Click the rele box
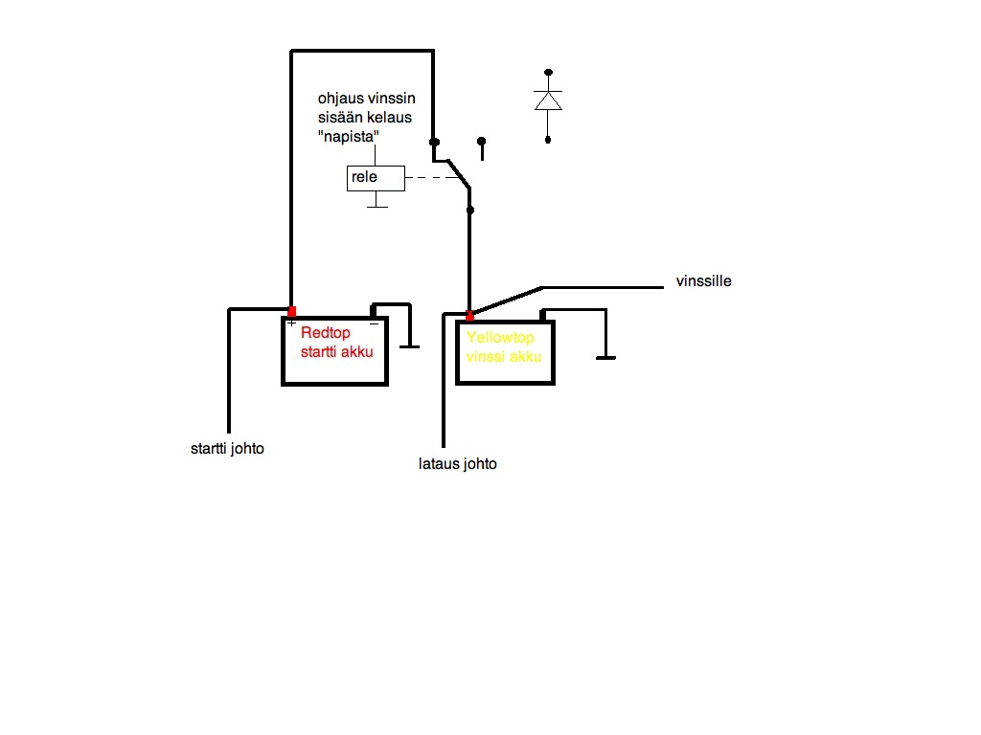coord(376,177)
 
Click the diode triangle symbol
coord(548,100)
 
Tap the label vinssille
coord(703,281)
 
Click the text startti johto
coord(227,448)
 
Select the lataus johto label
coord(458,464)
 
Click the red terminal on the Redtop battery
coord(292,311)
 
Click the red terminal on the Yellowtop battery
coord(469,316)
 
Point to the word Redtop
coord(326,333)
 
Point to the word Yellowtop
coord(500,338)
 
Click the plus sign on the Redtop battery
coord(291,323)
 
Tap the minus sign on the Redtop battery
coord(374,323)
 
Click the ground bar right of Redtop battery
coord(410,346)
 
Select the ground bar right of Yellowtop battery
coord(605,359)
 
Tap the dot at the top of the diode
coord(549,72)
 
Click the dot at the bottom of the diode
coord(548,140)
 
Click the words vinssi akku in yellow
coord(504,356)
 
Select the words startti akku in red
coord(336,351)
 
